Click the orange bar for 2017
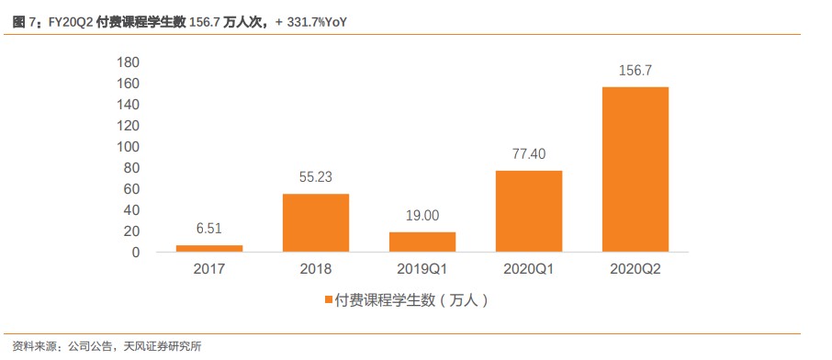pos(209,248)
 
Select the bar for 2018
pos(316,222)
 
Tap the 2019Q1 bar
pos(422,242)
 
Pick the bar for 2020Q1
pos(529,211)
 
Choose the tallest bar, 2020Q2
pos(635,169)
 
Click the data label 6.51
pos(209,230)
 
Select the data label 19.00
pos(422,217)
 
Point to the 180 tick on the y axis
pos(128,62)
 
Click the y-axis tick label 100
pos(128,147)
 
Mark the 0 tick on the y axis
pos(135,253)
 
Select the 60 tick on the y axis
pos(131,189)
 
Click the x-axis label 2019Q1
pos(422,270)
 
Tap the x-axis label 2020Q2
pos(635,270)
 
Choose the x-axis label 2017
pos(209,270)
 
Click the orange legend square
pos(329,300)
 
